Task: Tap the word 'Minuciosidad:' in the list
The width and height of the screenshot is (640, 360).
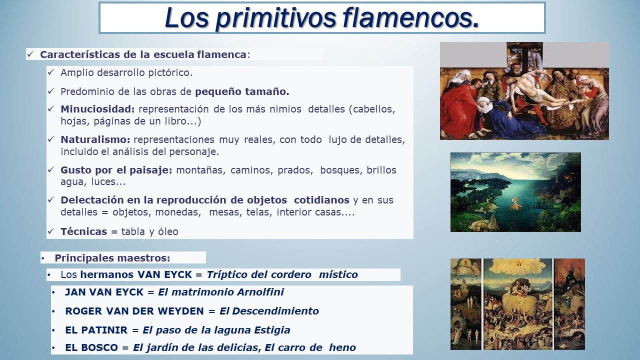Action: tap(97, 109)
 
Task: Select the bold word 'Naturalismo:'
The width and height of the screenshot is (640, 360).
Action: tap(95, 139)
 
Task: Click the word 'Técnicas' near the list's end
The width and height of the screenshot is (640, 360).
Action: tap(83, 231)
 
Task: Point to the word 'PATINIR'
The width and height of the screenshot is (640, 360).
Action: tap(104, 330)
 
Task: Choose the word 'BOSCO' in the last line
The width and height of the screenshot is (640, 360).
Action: tap(99, 347)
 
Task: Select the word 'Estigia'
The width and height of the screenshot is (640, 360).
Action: tap(272, 330)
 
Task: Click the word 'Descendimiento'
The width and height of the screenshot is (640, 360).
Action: tap(275, 311)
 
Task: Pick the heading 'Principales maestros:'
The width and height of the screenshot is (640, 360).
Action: tap(112, 258)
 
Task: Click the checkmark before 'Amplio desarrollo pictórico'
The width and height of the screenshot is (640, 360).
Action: tap(50, 72)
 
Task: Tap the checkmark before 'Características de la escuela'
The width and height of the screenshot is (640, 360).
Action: tap(30, 54)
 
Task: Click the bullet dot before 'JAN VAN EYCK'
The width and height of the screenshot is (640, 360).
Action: tap(53, 292)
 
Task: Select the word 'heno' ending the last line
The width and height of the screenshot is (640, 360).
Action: tap(342, 347)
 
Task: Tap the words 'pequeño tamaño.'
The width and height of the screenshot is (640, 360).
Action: tap(242, 92)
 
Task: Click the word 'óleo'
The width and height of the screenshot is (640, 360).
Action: tap(168, 231)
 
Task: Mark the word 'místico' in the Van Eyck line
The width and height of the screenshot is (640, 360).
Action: tap(338, 274)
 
